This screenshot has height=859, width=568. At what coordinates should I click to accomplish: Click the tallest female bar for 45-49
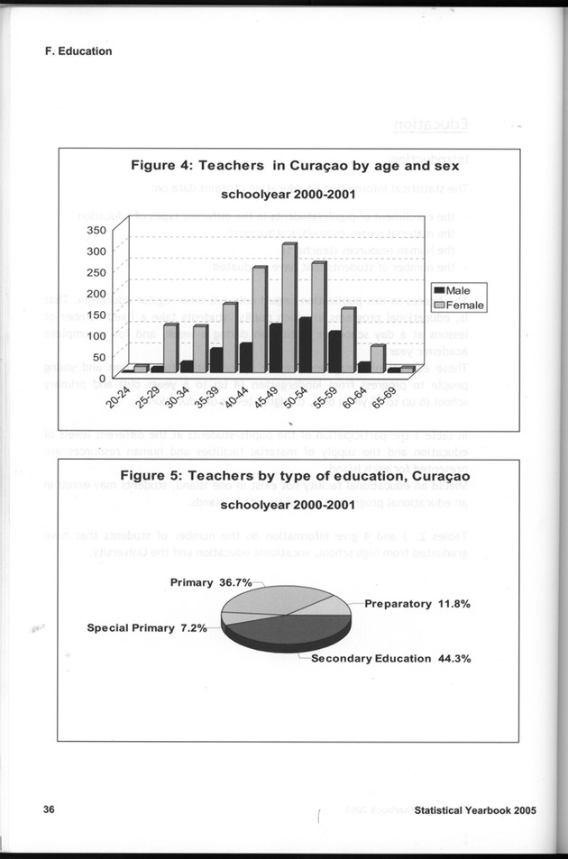click(289, 307)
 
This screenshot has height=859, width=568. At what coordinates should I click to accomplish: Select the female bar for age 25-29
click(170, 348)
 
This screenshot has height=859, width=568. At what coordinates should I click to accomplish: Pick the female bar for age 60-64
click(378, 359)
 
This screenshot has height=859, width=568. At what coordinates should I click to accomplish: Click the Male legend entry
click(459, 290)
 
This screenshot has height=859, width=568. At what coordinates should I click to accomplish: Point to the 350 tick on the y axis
click(95, 230)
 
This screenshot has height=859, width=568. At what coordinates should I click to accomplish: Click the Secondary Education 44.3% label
click(390, 658)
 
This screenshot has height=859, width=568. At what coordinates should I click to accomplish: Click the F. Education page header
click(78, 51)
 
